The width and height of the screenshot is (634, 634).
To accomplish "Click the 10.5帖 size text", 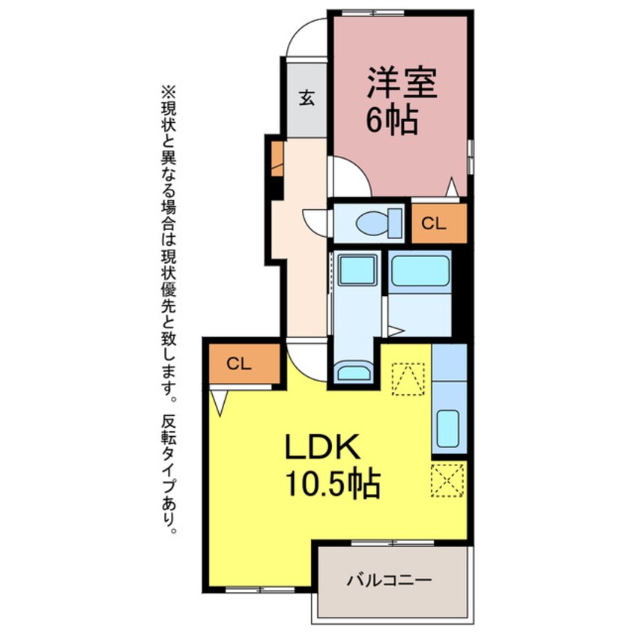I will click(332, 485).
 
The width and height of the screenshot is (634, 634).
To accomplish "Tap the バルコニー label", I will click(389, 580).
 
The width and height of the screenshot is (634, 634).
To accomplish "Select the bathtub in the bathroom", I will click(420, 271).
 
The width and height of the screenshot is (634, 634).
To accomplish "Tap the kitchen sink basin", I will click(449, 429).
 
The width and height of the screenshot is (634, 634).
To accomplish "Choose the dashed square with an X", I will click(448, 480).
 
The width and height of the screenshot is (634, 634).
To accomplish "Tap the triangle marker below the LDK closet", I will click(218, 403).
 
